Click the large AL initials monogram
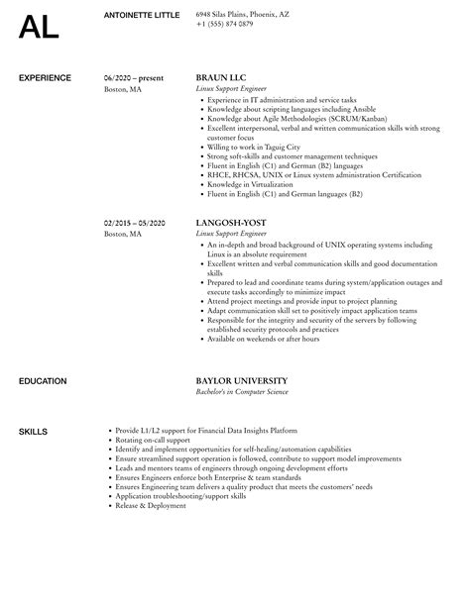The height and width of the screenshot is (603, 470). (x=39, y=27)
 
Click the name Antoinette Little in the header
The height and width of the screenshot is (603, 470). (x=142, y=14)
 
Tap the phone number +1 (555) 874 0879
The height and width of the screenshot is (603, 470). (x=225, y=23)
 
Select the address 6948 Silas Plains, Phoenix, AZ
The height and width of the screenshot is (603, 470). (x=244, y=14)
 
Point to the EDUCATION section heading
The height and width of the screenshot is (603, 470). (x=42, y=380)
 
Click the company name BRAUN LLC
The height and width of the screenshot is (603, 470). (x=221, y=76)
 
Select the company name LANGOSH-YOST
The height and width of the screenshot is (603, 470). (x=232, y=224)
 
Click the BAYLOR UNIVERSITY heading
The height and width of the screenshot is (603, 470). (x=242, y=380)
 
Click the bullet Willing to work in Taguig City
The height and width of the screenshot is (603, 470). (x=252, y=147)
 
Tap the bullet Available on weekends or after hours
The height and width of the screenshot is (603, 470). (x=263, y=339)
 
